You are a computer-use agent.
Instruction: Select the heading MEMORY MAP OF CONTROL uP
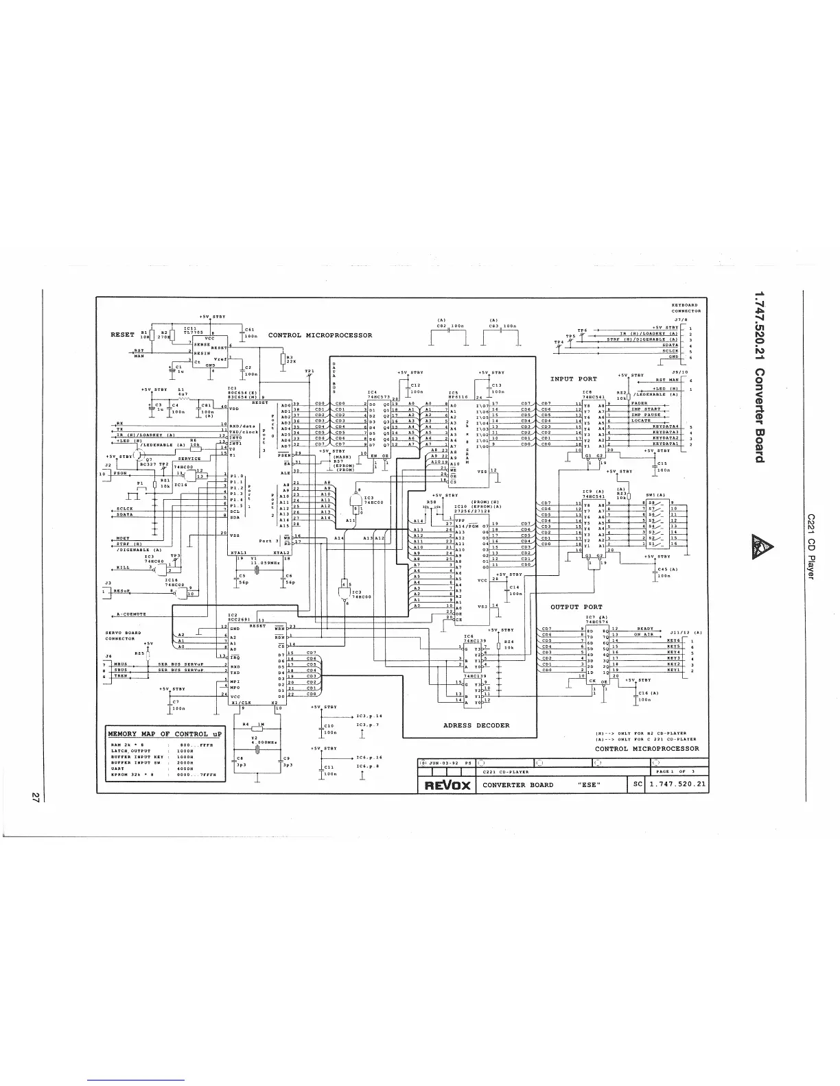point(157,734)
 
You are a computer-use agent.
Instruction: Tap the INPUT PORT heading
point(573,378)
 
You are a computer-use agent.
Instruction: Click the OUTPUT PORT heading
point(576,607)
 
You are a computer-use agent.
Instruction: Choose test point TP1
point(310,371)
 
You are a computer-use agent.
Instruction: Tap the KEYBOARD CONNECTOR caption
point(684,308)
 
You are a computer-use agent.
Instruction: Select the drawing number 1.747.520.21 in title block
point(677,784)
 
